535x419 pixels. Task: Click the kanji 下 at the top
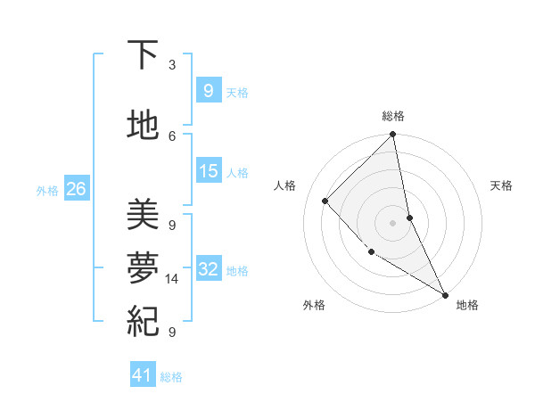[x=143, y=55]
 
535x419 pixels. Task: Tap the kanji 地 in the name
[x=143, y=125]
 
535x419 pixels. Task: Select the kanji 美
[x=143, y=214]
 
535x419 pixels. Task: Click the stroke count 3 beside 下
[x=172, y=65]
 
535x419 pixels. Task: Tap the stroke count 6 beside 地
[x=172, y=136]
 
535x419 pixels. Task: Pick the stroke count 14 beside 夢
[x=172, y=279]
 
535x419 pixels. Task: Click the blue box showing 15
[x=209, y=171]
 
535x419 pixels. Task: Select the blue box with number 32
[x=209, y=269]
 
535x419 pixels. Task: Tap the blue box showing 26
[x=76, y=189]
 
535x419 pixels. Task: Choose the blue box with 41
[x=143, y=375]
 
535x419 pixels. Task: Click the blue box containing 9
[x=209, y=91]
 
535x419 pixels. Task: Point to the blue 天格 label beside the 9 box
[x=237, y=93]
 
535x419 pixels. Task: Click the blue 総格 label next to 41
[x=171, y=377]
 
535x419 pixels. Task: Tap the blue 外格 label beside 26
[x=47, y=190]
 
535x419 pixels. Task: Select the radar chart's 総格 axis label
[x=393, y=116]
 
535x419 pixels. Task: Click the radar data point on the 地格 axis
[x=444, y=293]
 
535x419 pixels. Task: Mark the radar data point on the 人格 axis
[x=325, y=201]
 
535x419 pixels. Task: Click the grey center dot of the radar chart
[x=393, y=222]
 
